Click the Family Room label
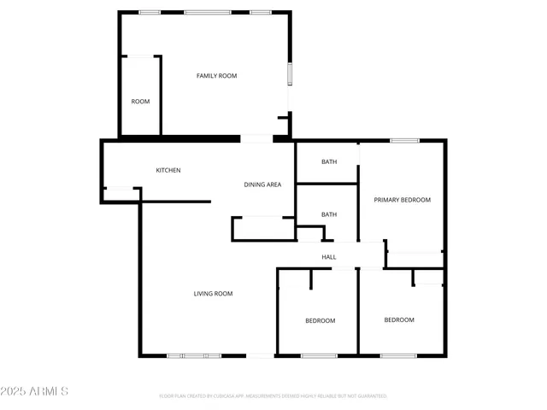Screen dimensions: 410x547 pos(216,76)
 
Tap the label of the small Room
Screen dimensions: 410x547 pos(140,102)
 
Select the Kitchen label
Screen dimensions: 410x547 pos(168,170)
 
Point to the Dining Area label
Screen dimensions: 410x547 pos(262,184)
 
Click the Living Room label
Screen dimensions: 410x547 pos(213,294)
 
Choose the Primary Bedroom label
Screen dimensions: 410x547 pos(402,200)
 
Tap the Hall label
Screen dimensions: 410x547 pos(328,257)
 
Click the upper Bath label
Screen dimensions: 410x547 pos(329,161)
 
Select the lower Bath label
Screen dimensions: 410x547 pos(329,214)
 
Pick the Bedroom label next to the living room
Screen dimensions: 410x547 pos(321,321)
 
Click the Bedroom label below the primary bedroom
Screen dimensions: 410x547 pos(398,320)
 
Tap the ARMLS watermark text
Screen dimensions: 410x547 pos(46,391)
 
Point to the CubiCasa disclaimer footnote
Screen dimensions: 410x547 pos(273,396)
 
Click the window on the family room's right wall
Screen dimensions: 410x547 pos(290,73)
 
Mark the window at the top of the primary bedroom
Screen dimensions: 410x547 pos(404,140)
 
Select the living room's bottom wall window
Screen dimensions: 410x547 pos(194,354)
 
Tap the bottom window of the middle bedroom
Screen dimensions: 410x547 pos(319,354)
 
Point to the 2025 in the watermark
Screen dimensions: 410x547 pos(14,391)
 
